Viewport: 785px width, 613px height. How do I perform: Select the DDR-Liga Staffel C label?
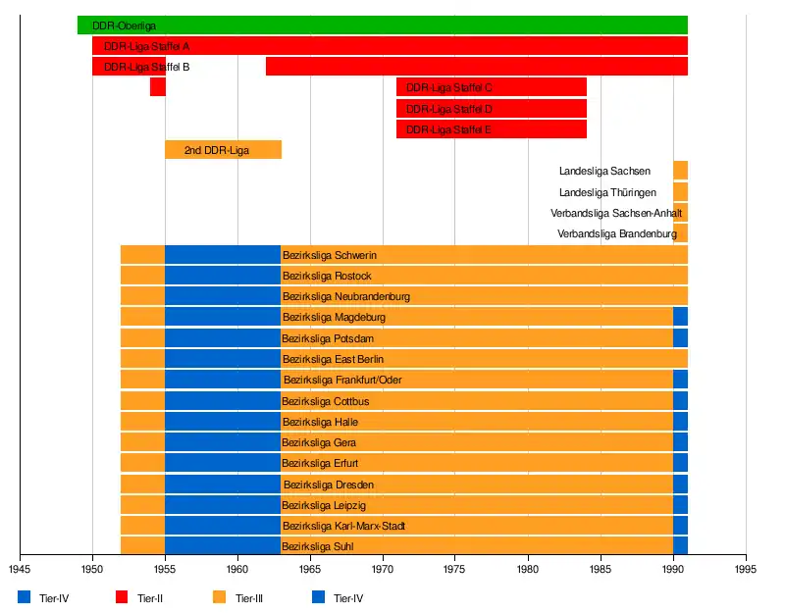point(449,88)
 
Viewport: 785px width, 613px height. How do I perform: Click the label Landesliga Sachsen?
point(604,172)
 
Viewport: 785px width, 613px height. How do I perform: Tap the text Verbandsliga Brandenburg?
point(617,234)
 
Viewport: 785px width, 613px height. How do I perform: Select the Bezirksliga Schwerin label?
point(329,256)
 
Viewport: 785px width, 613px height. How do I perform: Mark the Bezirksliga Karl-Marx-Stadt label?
point(343,527)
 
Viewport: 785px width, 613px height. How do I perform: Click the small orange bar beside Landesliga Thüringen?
point(680,192)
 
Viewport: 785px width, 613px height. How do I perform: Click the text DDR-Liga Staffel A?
point(146,46)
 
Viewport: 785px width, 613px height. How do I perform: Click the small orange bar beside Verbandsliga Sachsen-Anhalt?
point(680,213)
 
